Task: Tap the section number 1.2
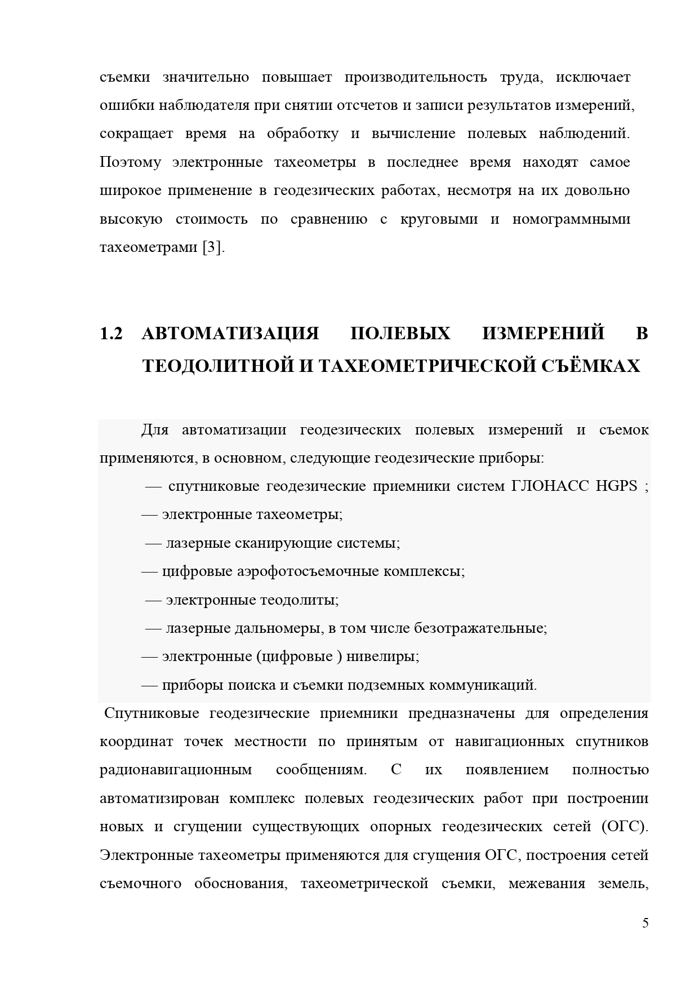[x=111, y=334]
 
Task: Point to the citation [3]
[x=213, y=247]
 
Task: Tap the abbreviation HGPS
[x=616, y=486]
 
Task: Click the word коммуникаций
[x=483, y=685]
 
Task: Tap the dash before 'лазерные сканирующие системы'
[x=153, y=543]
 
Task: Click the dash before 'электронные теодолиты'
[x=153, y=600]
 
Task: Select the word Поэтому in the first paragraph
[x=130, y=162]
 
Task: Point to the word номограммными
[x=571, y=219]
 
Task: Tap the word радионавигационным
[x=176, y=770]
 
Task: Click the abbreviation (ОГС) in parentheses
[x=624, y=827]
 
